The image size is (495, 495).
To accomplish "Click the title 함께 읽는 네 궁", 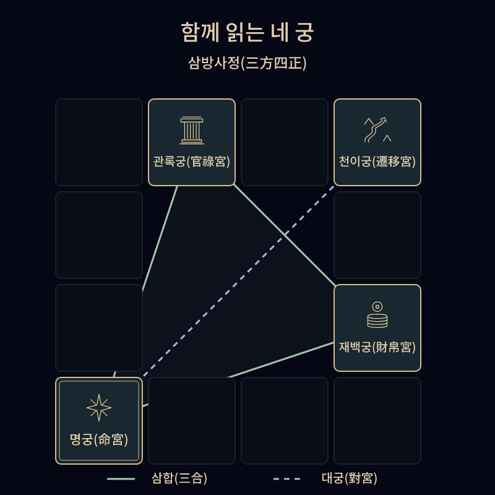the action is click(247, 32).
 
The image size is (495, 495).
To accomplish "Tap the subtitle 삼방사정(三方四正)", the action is click(247, 63).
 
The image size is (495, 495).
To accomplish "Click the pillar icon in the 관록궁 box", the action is click(192, 131).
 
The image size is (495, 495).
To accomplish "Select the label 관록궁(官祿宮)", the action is click(192, 161).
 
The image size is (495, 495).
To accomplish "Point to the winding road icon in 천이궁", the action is click(377, 130).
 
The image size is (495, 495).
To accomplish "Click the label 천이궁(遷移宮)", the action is click(377, 161).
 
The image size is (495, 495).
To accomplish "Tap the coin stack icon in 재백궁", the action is click(377, 315).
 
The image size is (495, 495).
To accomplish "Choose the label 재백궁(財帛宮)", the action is click(377, 347).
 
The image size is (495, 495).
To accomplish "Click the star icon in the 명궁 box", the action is click(99, 408).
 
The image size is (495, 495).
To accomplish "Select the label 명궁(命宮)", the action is click(99, 439).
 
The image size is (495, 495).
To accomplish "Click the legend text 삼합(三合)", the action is click(179, 478).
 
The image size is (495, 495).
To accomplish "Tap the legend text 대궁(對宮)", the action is click(350, 478).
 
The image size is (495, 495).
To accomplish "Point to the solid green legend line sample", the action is click(121, 479).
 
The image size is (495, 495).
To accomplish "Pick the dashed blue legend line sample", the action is click(286, 479).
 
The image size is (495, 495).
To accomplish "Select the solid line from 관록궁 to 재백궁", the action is click(284, 235).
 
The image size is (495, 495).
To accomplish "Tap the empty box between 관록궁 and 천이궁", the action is click(285, 142).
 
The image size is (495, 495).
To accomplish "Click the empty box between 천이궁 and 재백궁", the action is click(377, 235).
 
